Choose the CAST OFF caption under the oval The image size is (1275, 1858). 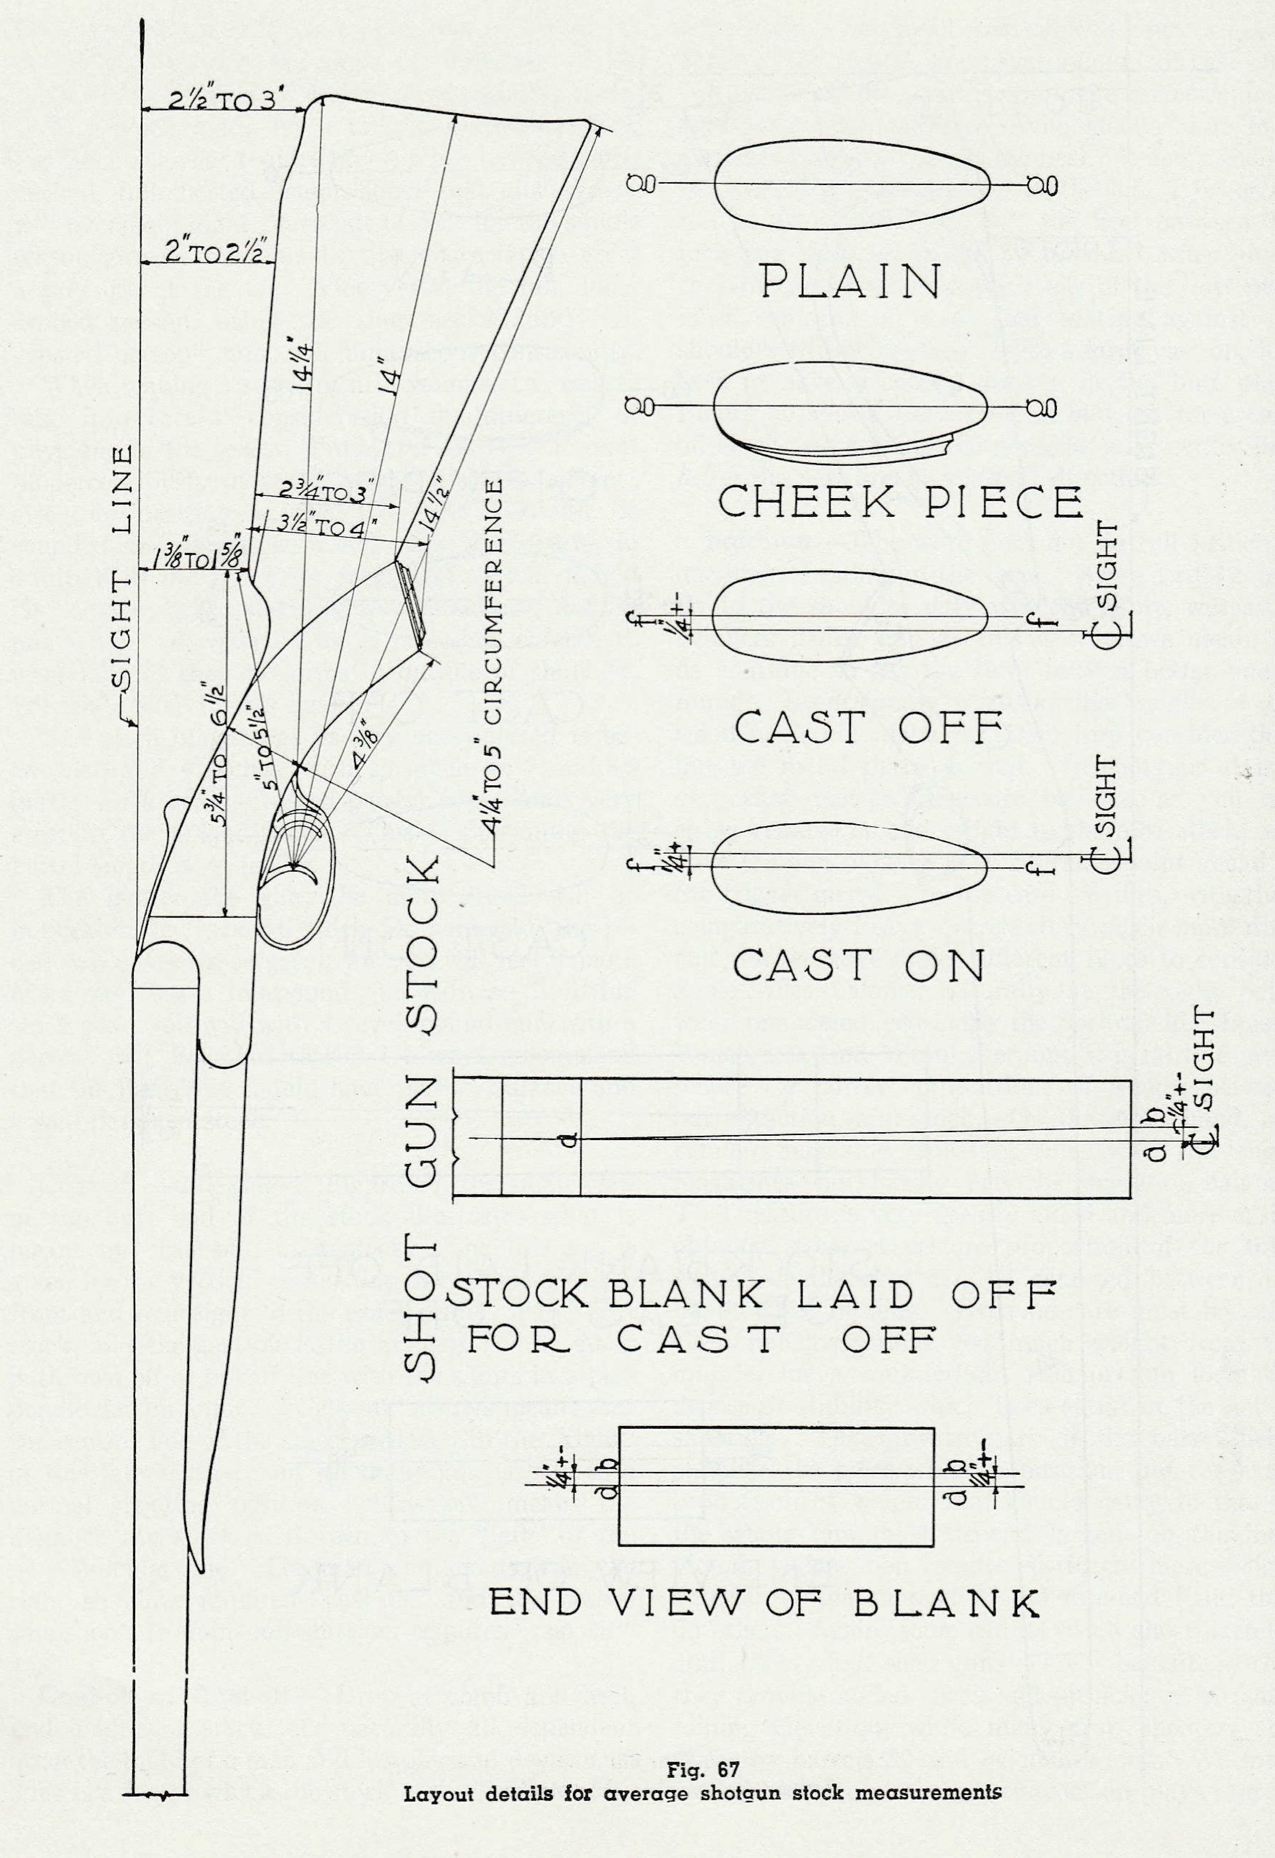tap(868, 728)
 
